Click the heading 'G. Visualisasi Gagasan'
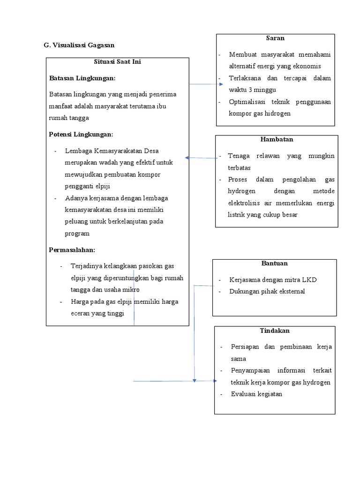pos(79,45)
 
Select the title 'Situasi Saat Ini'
pos(117,62)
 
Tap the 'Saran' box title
pos(275,38)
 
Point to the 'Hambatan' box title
pos(277,139)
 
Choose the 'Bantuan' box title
pos(274,263)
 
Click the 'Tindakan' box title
pos(275,330)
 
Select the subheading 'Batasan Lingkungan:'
pos(82,78)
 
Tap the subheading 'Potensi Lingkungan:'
pos(81,135)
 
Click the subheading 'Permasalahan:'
pos(72,250)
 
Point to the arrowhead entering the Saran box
pos(221,84)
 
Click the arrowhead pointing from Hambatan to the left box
pos(187,158)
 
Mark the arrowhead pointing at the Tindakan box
pos(214,381)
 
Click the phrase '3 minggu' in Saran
pos(263,90)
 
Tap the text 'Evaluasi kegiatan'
pos(256,394)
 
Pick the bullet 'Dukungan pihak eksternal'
pos(267,292)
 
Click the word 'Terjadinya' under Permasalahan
pos(86,266)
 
